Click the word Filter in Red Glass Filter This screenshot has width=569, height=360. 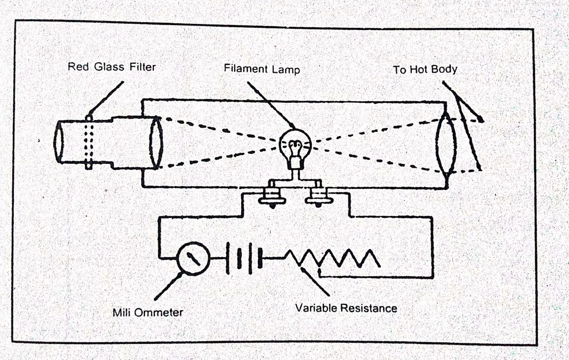(x=139, y=67)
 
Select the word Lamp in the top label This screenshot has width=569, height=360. (x=286, y=70)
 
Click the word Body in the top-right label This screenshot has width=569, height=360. (x=446, y=70)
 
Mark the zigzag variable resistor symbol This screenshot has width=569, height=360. (x=333, y=258)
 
